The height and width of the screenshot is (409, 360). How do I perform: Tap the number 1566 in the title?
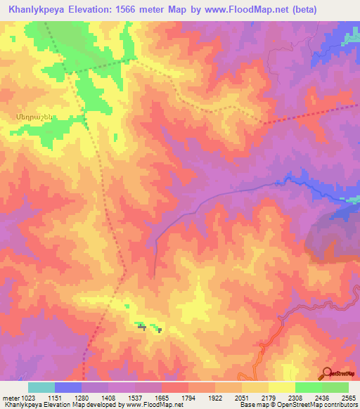coord(131,10)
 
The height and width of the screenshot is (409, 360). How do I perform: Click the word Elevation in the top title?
coord(95,10)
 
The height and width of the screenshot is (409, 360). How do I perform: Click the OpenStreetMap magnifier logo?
coord(327,374)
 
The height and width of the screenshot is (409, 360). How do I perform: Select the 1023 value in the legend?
coord(29,397)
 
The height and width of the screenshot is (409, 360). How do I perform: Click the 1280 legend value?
coord(82,397)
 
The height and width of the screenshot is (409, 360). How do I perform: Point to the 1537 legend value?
coord(136,397)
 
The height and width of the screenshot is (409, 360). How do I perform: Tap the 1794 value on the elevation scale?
coord(189,397)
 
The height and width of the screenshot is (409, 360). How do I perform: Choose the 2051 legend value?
coord(242,397)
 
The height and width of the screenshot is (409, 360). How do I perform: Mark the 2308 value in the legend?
coord(295,397)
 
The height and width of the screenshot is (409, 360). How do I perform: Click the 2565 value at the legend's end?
coord(348,397)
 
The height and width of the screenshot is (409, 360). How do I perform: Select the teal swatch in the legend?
coord(41,387)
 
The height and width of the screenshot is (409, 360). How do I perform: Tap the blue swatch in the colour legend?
coord(68,387)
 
